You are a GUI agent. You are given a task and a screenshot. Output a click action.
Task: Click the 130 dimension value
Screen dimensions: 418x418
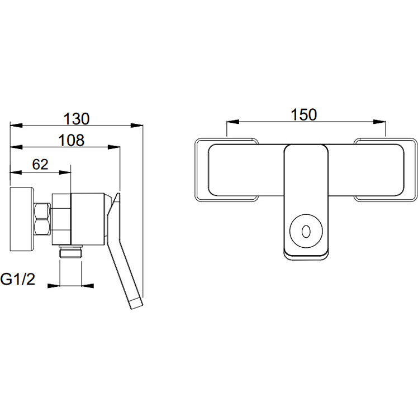pos(77,119)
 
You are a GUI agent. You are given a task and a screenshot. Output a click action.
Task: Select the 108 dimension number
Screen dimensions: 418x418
pos(72,140)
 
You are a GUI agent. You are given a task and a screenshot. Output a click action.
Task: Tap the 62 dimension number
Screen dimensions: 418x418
pos(40,165)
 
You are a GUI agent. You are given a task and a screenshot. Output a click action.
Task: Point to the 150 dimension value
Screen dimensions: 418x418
pos(304,114)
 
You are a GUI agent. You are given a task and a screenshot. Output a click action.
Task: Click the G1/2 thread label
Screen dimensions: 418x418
pos(18,280)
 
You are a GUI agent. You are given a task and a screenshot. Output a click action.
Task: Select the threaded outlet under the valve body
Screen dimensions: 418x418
pos(70,251)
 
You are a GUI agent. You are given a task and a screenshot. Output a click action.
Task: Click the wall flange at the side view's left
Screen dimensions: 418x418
pos(22,219)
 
